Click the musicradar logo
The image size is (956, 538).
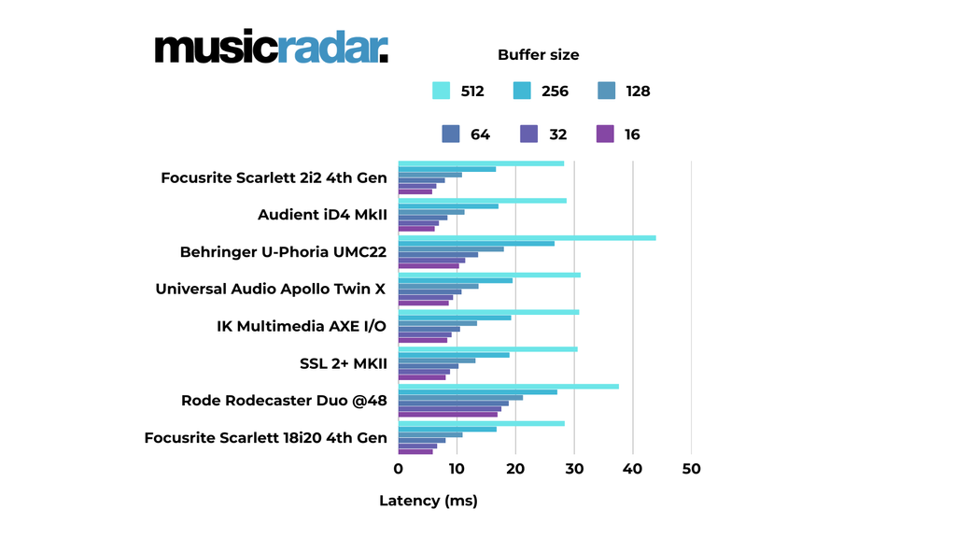coord(271,48)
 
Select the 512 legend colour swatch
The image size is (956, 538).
coord(442,91)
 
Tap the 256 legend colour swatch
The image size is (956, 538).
coord(522,91)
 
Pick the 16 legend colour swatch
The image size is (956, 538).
coord(605,134)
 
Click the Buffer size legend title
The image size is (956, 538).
coord(538,55)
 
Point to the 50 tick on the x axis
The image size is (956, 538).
coord(691,469)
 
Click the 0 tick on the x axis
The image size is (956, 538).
coord(399,469)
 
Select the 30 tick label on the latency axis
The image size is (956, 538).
coord(574,469)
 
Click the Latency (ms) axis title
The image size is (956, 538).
coord(428,501)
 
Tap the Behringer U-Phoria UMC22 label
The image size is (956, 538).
coord(283,252)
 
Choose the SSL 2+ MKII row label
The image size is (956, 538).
coord(343,363)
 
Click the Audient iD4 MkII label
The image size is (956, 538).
coord(322,215)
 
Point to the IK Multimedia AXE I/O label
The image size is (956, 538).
coord(302,326)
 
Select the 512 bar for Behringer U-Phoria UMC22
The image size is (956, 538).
coord(527,238)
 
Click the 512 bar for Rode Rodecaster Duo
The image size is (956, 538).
coord(508,387)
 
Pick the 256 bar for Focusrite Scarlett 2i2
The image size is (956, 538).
coord(447,169)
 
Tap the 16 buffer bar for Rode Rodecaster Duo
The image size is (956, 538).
coord(448,415)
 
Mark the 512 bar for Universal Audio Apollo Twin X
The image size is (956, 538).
coord(489,276)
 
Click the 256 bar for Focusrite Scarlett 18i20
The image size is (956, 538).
coord(447,430)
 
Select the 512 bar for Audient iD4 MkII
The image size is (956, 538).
coord(482,201)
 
